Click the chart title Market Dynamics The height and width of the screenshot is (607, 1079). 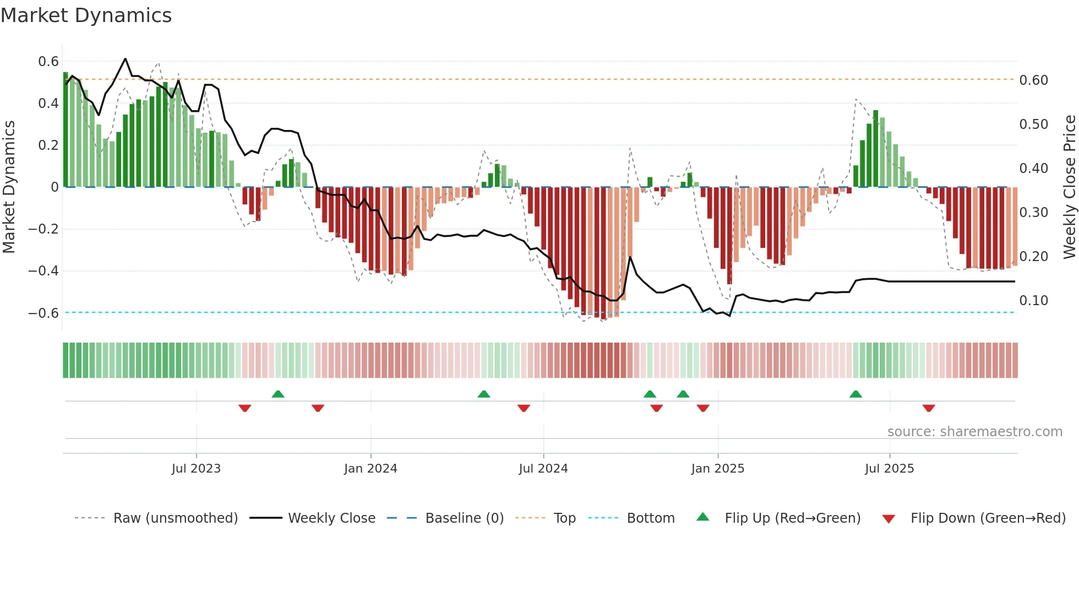point(86,15)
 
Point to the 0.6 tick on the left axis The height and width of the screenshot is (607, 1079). point(48,61)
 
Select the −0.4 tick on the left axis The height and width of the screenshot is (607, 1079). point(43,270)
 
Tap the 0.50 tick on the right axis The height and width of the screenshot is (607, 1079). point(1033,124)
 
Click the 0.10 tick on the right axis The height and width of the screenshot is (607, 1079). point(1033,300)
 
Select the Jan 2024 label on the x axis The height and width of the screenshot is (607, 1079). point(370,468)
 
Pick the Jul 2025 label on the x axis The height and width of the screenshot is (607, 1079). point(889,468)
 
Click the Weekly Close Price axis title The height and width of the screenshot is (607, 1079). point(1069,187)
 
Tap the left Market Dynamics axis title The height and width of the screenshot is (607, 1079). point(9,187)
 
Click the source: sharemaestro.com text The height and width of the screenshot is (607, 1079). point(974,431)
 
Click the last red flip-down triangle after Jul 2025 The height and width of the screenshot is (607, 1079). point(929,408)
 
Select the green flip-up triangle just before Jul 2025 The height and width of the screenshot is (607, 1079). point(855,394)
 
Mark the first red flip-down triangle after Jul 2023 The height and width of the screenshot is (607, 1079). point(245,408)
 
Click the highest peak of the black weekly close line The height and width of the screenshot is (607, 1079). point(126,58)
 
